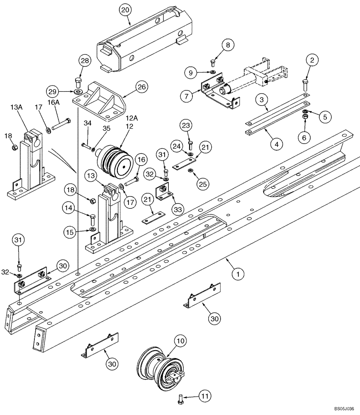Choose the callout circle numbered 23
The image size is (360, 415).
[186, 125]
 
